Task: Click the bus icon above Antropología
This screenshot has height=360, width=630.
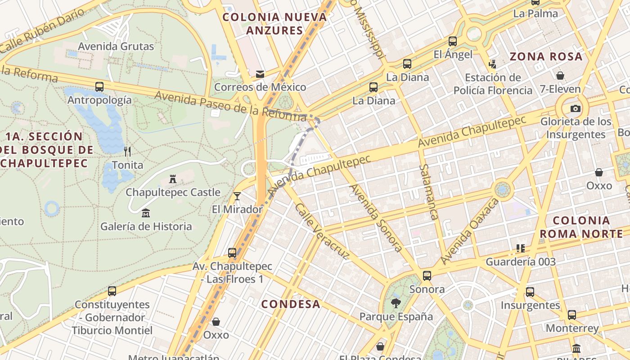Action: click(x=99, y=87)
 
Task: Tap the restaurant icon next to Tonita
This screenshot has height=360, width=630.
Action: click(x=128, y=152)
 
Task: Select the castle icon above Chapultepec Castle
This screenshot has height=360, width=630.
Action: click(x=172, y=179)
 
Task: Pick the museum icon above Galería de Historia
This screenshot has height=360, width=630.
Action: click(x=145, y=213)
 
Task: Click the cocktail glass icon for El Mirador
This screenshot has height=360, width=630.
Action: click(x=237, y=196)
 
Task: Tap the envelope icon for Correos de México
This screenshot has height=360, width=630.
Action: click(x=260, y=74)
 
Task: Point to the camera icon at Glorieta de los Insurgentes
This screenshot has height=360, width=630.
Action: click(x=575, y=108)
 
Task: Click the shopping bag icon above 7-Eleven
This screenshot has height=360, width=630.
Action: click(x=560, y=76)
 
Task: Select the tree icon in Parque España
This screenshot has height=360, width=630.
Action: click(x=396, y=303)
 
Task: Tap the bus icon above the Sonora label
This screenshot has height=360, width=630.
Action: click(x=427, y=275)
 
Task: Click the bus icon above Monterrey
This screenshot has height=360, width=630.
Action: click(x=571, y=315)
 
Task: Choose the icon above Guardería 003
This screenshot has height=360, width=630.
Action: click(x=521, y=248)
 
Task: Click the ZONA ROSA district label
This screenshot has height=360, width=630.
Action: click(x=546, y=57)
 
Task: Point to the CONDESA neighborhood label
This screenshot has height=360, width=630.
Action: click(x=291, y=304)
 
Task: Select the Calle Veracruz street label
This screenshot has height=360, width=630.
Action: click(x=322, y=231)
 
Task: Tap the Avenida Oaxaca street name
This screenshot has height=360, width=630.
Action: click(x=470, y=231)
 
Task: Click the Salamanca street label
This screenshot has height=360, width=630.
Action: click(x=428, y=192)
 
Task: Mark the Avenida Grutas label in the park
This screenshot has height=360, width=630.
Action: click(x=116, y=46)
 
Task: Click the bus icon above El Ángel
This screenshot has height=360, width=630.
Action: click(x=453, y=41)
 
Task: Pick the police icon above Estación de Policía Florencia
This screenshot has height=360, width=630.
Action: click(x=492, y=64)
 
